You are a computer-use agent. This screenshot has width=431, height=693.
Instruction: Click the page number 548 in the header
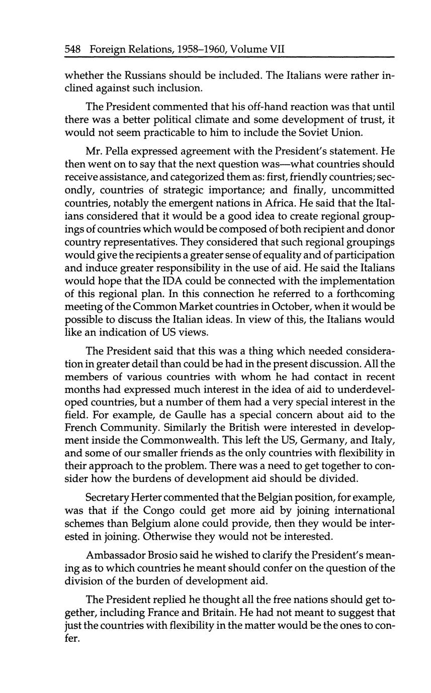point(74,50)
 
